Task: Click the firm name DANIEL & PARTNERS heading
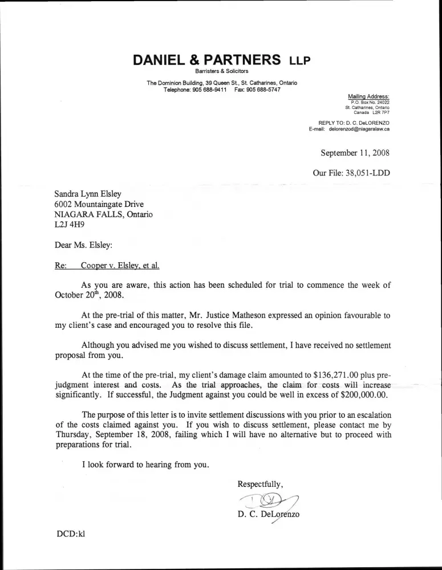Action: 206,60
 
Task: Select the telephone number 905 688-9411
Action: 210,90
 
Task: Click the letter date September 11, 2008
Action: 355,153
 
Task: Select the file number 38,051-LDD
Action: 368,172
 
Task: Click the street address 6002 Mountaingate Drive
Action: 99,204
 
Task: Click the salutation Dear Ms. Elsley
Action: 83,246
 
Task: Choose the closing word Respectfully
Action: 259,484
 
